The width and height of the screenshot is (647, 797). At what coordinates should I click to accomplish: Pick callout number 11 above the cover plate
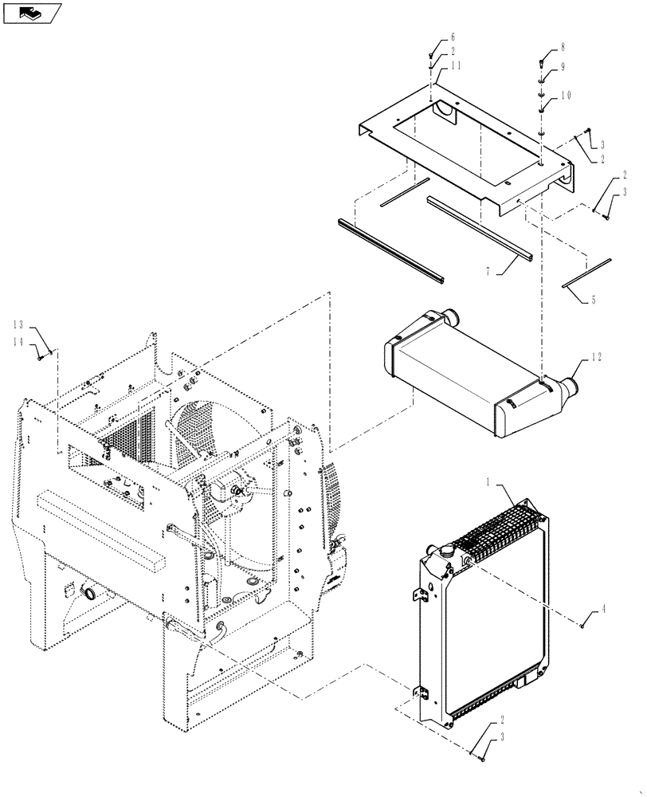coord(454,67)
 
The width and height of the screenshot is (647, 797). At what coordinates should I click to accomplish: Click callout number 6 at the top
coord(453,37)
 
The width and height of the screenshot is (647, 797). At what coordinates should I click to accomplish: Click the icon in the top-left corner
coord(32,12)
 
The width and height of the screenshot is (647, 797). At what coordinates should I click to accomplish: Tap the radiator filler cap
coord(444,551)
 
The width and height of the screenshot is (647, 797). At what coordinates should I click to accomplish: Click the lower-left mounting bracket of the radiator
coord(419,698)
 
